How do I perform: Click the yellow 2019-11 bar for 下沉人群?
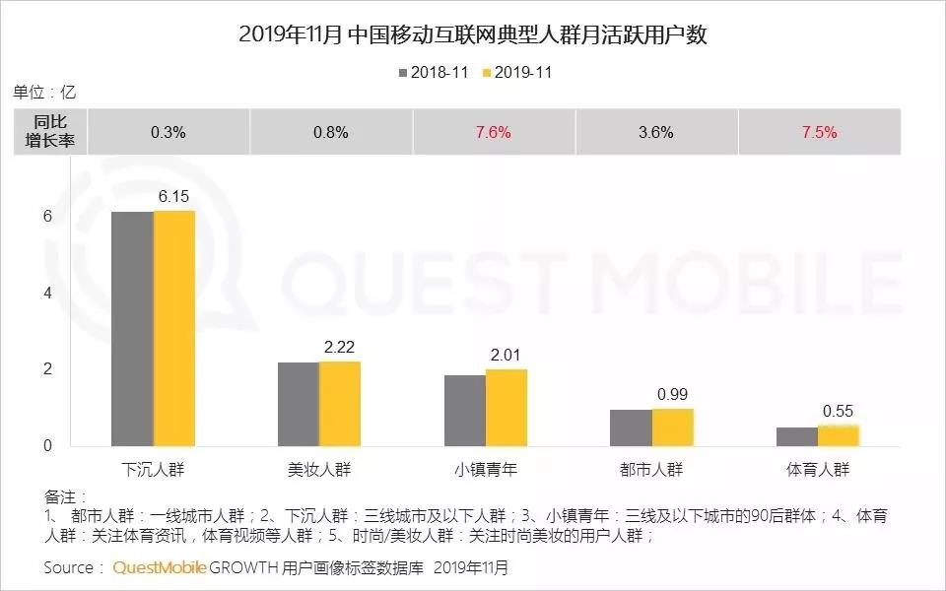click(x=174, y=329)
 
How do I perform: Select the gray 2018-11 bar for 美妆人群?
click(x=299, y=405)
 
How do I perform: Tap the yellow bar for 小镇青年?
click(x=507, y=408)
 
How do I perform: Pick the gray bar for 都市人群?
click(x=631, y=428)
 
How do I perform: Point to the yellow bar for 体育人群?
click(x=839, y=436)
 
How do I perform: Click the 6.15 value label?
click(x=173, y=197)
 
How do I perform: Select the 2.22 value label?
click(x=340, y=348)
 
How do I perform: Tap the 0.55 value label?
click(x=839, y=411)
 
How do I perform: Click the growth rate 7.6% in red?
click(x=492, y=133)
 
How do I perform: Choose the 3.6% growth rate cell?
click(x=655, y=133)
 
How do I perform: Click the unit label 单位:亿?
click(x=44, y=93)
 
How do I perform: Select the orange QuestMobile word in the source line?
click(x=159, y=568)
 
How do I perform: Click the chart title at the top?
click(x=473, y=35)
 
